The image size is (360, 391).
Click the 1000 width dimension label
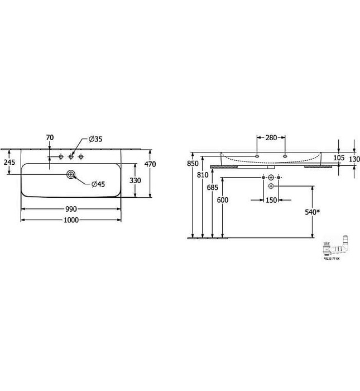pos(71,220)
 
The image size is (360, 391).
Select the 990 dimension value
pos(71,208)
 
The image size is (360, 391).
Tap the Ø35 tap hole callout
pos(96,139)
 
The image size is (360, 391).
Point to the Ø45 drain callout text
pos(98,184)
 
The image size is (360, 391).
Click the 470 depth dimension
pos(150,164)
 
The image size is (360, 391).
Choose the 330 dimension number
pos(136,180)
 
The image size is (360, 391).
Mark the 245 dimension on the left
pos(9,162)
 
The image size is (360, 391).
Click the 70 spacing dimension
pos(50,137)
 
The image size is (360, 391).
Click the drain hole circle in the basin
pos(71,175)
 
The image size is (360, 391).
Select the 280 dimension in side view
pos(271,137)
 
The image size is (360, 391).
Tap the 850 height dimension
pos(193,164)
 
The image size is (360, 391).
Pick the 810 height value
pos(203,175)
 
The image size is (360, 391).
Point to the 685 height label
pos(213,188)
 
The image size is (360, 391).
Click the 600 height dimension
pos(223,200)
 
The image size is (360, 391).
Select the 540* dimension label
pos(313,211)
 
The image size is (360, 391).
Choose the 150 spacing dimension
pos(271,200)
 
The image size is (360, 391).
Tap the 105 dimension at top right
pos(339,158)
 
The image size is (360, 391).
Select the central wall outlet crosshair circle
pos(271,178)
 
